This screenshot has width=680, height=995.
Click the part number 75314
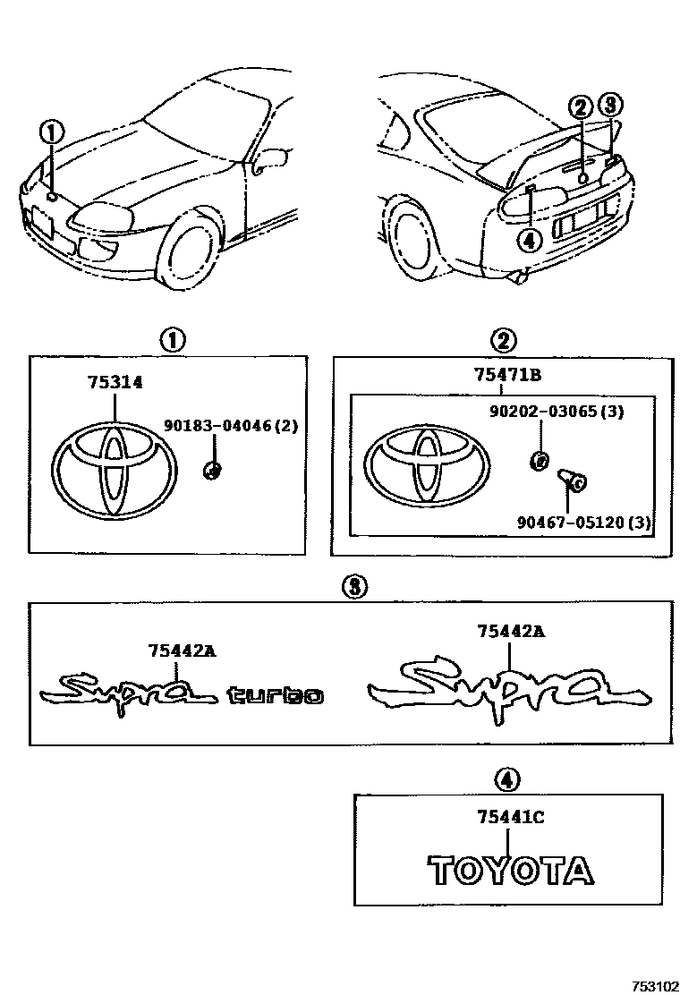click(115, 382)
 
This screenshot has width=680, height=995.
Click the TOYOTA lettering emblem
click(509, 870)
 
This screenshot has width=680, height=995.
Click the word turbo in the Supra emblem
click(275, 694)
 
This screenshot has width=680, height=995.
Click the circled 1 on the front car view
click(51, 133)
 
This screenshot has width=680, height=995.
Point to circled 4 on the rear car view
click(529, 239)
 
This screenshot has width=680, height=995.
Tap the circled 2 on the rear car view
click(581, 108)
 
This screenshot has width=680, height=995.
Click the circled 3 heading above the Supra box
click(354, 586)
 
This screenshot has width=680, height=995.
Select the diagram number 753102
click(655, 982)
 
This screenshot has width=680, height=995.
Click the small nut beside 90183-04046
click(213, 471)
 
